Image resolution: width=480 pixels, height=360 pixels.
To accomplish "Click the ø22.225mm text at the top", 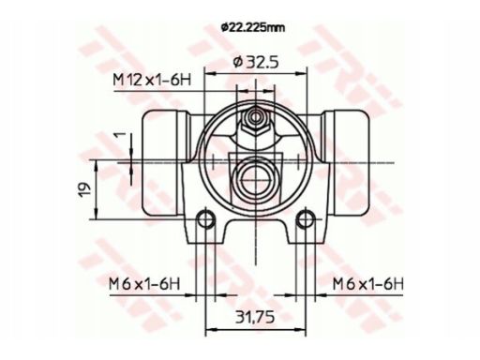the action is (x=253, y=28).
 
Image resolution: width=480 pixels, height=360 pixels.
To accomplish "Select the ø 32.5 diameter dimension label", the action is (x=256, y=62).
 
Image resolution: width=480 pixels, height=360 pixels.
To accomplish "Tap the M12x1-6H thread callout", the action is (x=152, y=81).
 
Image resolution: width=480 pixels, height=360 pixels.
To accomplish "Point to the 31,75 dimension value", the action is (x=255, y=317).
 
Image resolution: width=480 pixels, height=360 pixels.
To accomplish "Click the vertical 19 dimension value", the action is (x=84, y=189).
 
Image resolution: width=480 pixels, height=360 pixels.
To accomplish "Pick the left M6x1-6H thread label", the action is (x=144, y=284).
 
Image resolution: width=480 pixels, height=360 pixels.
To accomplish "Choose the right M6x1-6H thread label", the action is (x=367, y=284).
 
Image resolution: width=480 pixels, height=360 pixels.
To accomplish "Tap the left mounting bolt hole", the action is (x=205, y=219).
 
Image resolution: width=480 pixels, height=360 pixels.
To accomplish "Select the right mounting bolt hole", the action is (x=306, y=219).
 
